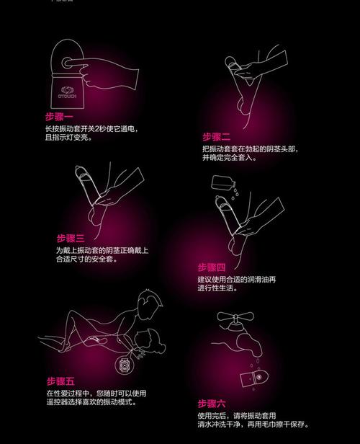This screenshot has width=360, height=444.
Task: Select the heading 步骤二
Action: click(216, 136)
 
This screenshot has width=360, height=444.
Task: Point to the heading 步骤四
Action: click(212, 266)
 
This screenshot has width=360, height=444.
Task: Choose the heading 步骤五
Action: click(61, 381)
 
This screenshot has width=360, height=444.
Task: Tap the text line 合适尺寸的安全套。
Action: click(86, 259)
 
